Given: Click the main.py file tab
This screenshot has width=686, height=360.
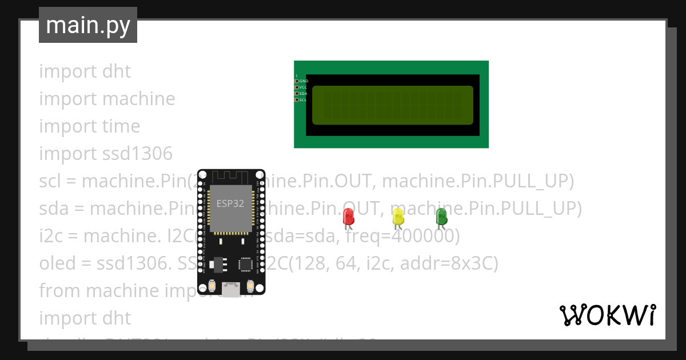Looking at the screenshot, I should point(87,25).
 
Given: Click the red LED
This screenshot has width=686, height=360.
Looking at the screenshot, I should point(348,217).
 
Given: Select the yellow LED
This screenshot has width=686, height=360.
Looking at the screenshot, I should point(398,217).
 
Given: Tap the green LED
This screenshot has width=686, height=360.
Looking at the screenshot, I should point(441,217).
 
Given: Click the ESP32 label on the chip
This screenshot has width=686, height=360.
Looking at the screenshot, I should point(230,203).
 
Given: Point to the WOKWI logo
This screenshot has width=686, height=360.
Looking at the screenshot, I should point(607,315).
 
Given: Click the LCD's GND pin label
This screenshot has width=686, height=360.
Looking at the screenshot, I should point(304,81).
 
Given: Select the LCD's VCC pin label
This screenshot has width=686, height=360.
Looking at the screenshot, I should point(304,87).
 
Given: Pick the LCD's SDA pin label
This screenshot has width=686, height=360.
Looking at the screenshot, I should point(304,93).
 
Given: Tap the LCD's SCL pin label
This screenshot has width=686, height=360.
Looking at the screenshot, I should point(304,99).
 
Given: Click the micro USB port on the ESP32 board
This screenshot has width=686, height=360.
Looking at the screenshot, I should point(231,290).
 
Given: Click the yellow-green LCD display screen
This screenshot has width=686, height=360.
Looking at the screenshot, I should point(392,105).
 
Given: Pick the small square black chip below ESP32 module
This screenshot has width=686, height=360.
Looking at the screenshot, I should point(245,263).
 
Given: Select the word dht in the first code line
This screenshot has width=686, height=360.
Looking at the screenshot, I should point(117,71).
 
